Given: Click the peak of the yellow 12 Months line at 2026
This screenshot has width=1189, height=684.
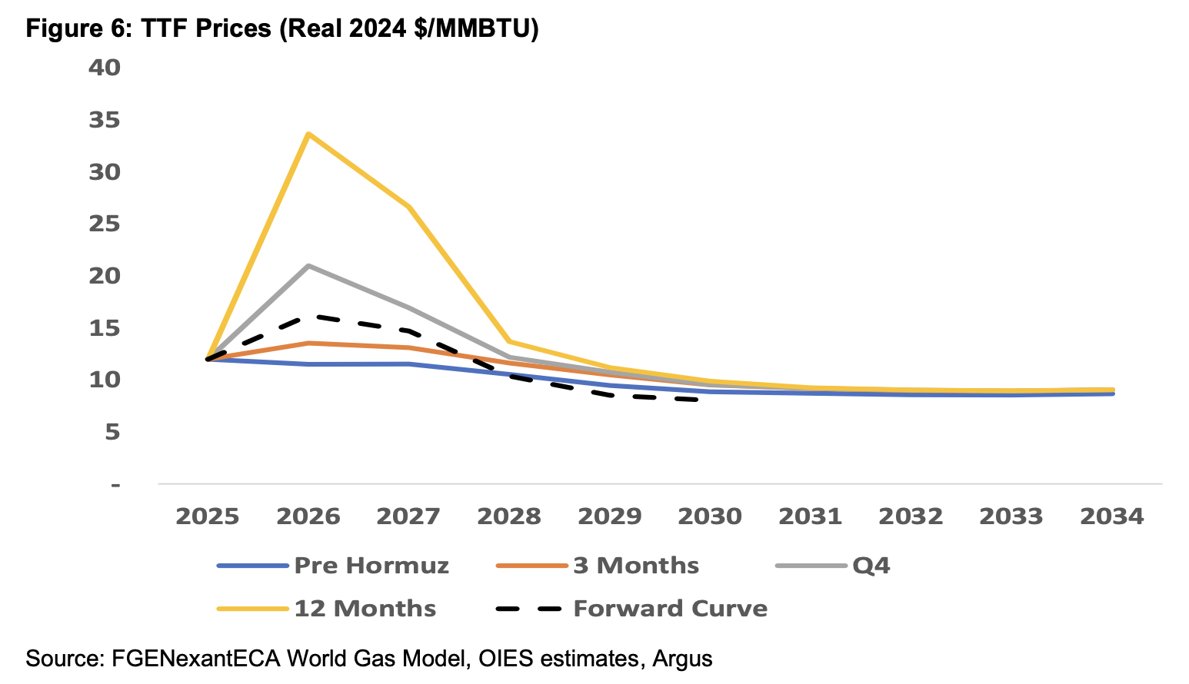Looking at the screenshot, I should pyautogui.click(x=308, y=134).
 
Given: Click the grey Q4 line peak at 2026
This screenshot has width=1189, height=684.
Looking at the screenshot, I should pyautogui.click(x=308, y=266).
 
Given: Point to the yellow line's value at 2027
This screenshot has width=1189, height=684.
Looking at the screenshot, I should pyautogui.click(x=408, y=207).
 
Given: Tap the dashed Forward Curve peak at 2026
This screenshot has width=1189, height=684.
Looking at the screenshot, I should pyautogui.click(x=308, y=316).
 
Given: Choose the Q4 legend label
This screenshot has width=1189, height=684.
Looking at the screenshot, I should pyautogui.click(x=871, y=566).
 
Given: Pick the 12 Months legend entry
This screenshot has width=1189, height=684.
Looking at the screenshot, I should pyautogui.click(x=365, y=609).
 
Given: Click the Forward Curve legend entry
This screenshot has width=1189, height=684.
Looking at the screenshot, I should pyautogui.click(x=670, y=609).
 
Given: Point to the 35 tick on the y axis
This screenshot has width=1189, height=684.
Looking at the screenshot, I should pyautogui.click(x=105, y=120).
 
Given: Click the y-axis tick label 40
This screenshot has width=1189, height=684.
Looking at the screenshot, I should pyautogui.click(x=105, y=68).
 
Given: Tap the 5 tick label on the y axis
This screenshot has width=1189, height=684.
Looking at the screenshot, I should pyautogui.click(x=112, y=432).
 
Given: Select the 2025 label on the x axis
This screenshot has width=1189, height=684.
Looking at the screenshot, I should pyautogui.click(x=208, y=516).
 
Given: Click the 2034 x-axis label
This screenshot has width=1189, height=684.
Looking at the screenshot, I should pyautogui.click(x=1112, y=516).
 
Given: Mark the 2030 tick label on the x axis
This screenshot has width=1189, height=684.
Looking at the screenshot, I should pyautogui.click(x=710, y=516).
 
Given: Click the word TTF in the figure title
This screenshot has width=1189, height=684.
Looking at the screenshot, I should pyautogui.click(x=165, y=28).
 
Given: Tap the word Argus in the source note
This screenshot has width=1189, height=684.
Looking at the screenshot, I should pyautogui.click(x=682, y=659).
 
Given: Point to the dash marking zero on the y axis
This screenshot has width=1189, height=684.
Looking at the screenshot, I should pyautogui.click(x=115, y=485).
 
